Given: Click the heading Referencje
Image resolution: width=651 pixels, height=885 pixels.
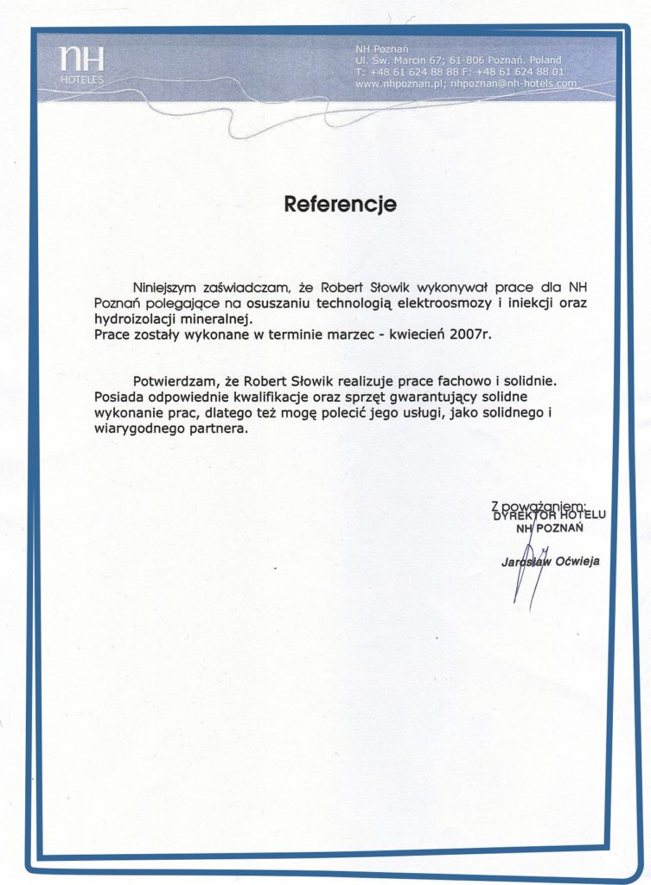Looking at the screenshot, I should coord(341,204).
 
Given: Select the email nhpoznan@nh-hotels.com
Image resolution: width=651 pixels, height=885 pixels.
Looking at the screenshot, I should coord(514,84).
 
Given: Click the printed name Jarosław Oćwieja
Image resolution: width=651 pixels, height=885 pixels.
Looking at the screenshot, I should coord(550,562).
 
